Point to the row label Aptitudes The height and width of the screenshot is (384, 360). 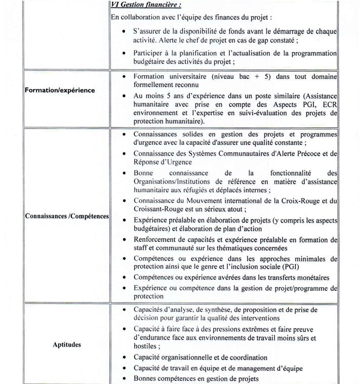[67, 345]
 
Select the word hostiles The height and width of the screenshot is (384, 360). [146, 347]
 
